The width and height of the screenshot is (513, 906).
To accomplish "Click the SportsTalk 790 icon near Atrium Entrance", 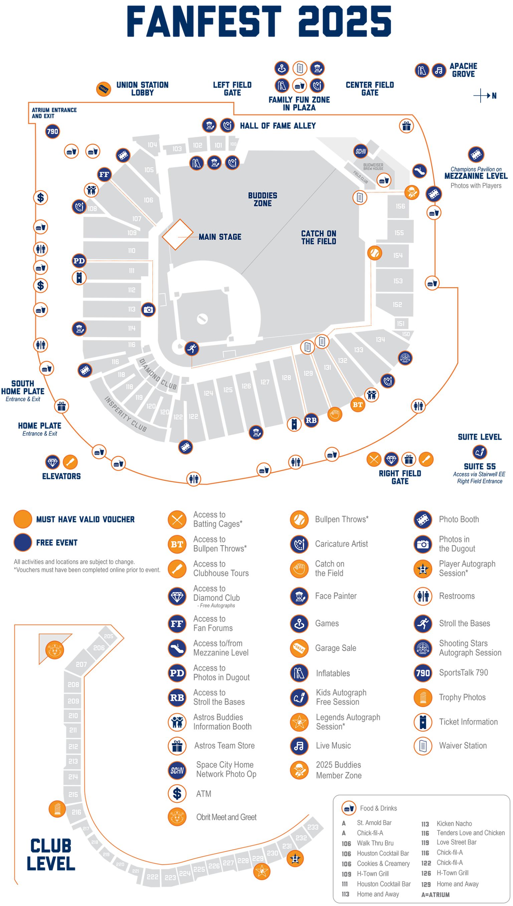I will point(52,132).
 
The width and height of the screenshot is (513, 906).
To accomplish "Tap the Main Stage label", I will point(220,237).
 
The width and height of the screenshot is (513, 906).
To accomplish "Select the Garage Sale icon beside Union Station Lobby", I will point(104,89).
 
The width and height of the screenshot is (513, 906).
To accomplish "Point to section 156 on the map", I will point(400,206).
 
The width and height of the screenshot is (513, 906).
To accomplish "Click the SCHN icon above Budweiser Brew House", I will point(360,152).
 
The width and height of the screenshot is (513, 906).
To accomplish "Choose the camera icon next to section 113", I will point(148,309).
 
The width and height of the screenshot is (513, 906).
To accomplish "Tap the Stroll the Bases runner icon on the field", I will point(192,349).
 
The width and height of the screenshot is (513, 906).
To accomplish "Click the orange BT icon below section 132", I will point(358,405).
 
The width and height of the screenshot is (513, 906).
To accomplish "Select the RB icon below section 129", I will point(311,420).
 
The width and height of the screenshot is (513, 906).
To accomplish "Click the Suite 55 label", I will point(480,467).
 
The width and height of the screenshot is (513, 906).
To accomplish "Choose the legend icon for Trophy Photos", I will point(423,698).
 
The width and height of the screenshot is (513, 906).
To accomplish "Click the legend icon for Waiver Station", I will point(423,746).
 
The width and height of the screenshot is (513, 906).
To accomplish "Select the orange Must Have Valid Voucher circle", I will point(23,519).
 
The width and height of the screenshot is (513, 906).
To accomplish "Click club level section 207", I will point(81,664).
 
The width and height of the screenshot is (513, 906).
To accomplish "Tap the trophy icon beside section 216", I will point(57,809).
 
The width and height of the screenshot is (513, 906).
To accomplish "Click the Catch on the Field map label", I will point(319,238).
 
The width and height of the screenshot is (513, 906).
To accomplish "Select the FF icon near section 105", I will point(104,174).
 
